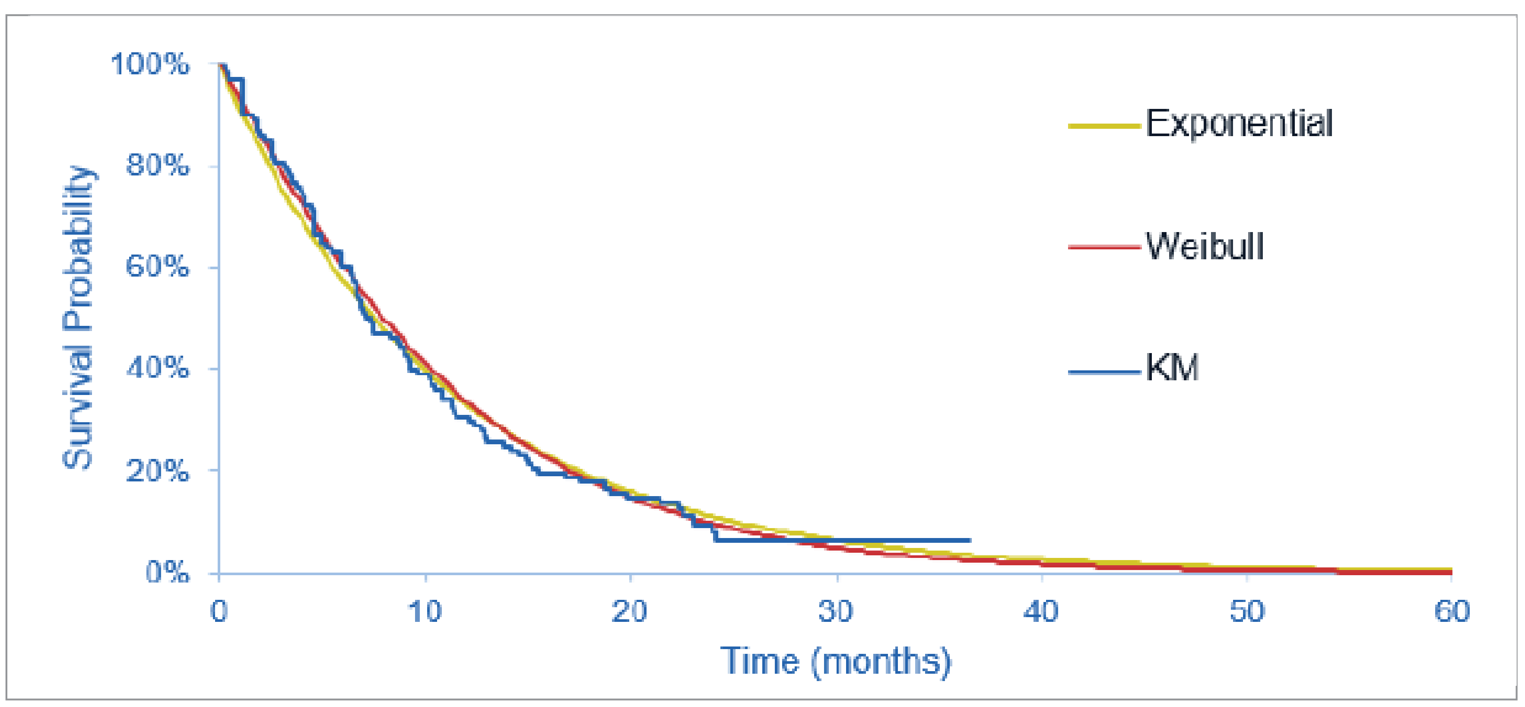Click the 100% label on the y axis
pyautogui.click(x=150, y=64)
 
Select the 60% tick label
pyautogui.click(x=158, y=267)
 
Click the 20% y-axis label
pyautogui.click(x=158, y=471)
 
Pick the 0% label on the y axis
pyautogui.click(x=167, y=572)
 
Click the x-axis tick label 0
pyautogui.click(x=219, y=611)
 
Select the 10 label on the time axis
pyautogui.click(x=425, y=611)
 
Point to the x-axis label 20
pyautogui.click(x=629, y=611)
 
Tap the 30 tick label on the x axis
pyautogui.click(x=835, y=611)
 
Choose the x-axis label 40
pyautogui.click(x=1041, y=611)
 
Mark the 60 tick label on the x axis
pyautogui.click(x=1452, y=611)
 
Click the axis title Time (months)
pyautogui.click(x=835, y=661)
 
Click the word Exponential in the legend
pyautogui.click(x=1239, y=124)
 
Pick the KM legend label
pyautogui.click(x=1172, y=368)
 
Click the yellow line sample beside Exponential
pyautogui.click(x=1104, y=126)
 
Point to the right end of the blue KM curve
pyautogui.click(x=969, y=540)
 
